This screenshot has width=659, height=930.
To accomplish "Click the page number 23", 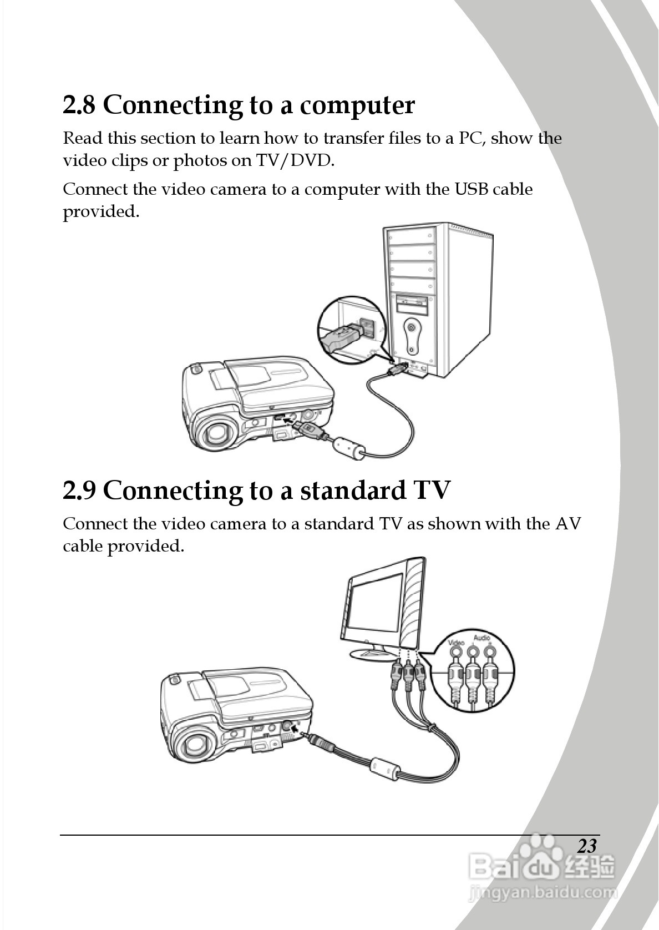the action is [x=587, y=846].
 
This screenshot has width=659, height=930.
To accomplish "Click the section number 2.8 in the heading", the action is [x=79, y=105].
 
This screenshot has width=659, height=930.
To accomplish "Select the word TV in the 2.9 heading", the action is [x=430, y=491].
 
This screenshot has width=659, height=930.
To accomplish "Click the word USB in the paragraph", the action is [x=472, y=189].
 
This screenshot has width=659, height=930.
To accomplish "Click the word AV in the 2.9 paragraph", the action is [x=568, y=524].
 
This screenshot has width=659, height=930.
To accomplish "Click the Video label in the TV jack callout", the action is [x=456, y=643].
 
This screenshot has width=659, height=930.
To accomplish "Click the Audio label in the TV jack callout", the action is [x=481, y=638].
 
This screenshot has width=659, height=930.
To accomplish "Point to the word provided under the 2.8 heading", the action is [x=100, y=211].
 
